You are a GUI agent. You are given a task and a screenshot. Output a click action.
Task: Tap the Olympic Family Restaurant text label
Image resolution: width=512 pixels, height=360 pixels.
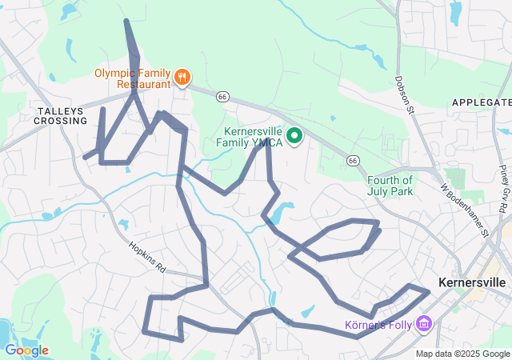point(133,78)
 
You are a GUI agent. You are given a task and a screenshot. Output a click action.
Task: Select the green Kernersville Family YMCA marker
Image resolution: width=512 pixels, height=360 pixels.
point(294,137)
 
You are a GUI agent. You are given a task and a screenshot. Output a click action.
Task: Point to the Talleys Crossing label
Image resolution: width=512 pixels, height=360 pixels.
point(60,115)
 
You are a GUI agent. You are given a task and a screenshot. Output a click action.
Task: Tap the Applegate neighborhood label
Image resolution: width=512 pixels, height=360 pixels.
point(481,102)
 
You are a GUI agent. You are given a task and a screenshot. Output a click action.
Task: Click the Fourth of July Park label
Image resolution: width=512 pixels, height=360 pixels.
point(390,185)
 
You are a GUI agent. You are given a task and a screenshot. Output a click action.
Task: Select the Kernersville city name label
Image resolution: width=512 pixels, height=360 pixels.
point(472,282)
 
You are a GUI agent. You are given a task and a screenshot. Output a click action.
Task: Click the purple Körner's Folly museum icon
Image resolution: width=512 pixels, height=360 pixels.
point(424,325)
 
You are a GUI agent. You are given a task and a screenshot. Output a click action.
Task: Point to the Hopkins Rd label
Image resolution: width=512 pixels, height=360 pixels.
point(147,256)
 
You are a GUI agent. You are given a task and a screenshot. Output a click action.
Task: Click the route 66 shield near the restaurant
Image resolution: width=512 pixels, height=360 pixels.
point(222,96)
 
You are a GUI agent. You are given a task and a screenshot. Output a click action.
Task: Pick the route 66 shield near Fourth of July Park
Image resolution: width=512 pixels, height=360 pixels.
point(352,160)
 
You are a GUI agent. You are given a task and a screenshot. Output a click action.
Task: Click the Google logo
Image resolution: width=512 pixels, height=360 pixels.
point(26,350)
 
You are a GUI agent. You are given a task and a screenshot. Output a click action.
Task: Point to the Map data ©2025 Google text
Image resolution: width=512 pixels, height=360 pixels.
point(462,354)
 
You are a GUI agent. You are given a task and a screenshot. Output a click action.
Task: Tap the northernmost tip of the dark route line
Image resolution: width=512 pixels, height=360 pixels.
point(126,21)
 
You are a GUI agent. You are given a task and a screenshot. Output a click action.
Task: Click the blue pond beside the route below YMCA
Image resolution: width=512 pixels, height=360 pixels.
point(282,213)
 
